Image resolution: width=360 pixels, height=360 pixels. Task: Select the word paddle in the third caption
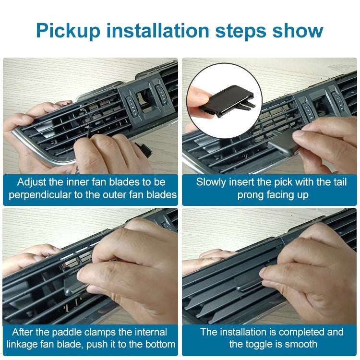point(72,332)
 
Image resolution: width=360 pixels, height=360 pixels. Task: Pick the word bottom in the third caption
point(159,345)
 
